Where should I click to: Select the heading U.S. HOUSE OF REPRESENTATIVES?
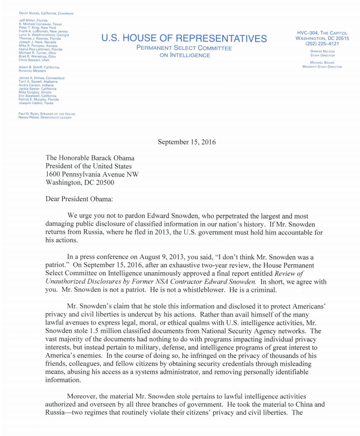click(x=184, y=38)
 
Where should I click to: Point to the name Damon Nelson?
click(x=322, y=51)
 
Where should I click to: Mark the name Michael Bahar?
click(x=322, y=63)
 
